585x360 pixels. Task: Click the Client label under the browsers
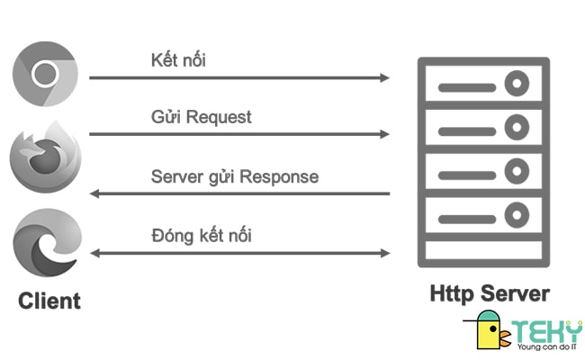[49, 300]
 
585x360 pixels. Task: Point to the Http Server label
[489, 293]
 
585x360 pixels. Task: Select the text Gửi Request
[201, 118]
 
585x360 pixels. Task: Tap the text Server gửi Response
[234, 176]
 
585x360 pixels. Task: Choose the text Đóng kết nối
[201, 236]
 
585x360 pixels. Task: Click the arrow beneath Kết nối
[239, 78]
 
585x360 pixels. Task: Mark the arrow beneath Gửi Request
[239, 135]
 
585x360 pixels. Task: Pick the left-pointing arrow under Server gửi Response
[239, 193]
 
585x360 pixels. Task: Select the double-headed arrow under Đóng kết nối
[239, 253]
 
